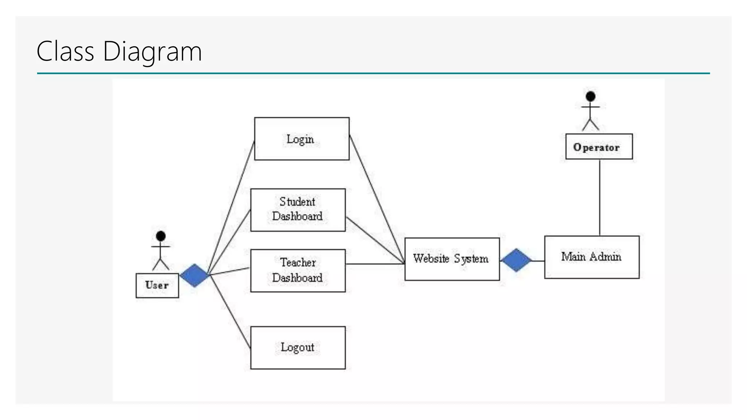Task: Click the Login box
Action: (x=302, y=139)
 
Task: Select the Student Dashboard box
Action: (x=298, y=210)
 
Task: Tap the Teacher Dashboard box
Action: (x=298, y=271)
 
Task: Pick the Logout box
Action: (x=298, y=347)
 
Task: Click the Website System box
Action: (x=452, y=259)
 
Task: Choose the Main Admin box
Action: (x=592, y=257)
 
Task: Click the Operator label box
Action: (x=599, y=147)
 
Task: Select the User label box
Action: (x=157, y=285)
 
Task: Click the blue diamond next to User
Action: (x=195, y=275)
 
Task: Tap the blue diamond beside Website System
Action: (x=516, y=260)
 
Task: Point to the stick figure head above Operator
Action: (x=591, y=97)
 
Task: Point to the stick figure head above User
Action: (x=160, y=236)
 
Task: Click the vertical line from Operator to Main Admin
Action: (x=600, y=197)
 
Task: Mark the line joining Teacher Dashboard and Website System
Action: (x=375, y=264)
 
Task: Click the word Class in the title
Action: (x=65, y=51)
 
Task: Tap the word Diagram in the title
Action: (x=152, y=51)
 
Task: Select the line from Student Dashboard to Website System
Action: (x=375, y=240)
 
